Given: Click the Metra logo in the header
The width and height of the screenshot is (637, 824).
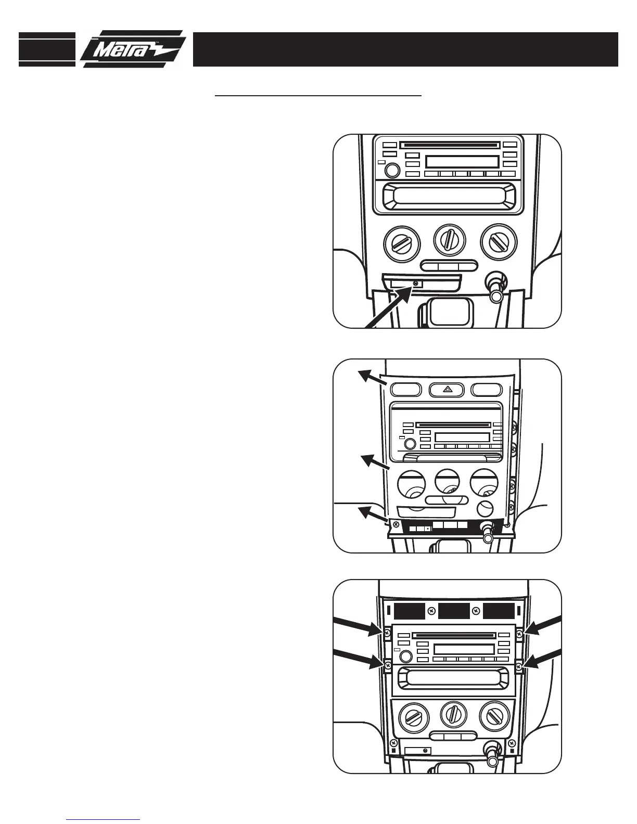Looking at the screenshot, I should [133, 49].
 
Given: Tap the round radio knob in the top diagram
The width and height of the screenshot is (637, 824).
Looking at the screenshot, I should [392, 170].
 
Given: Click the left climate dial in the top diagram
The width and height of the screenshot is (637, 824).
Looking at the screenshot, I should [401, 244].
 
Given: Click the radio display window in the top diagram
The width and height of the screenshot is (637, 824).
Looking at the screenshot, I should [462, 161].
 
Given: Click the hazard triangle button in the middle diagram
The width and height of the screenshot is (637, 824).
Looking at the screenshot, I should [447, 389].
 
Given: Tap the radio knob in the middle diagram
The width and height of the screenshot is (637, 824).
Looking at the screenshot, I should [409, 444].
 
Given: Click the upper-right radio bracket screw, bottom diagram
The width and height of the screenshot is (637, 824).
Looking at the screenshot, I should [520, 633].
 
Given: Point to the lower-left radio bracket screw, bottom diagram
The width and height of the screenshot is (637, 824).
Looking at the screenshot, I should [388, 665].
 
